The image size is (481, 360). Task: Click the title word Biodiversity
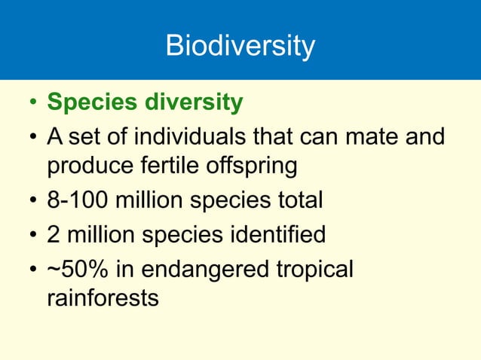click(x=240, y=47)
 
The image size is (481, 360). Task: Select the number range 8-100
click(x=78, y=200)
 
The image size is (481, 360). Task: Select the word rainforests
click(x=103, y=297)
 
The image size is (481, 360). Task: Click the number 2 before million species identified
click(x=54, y=235)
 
